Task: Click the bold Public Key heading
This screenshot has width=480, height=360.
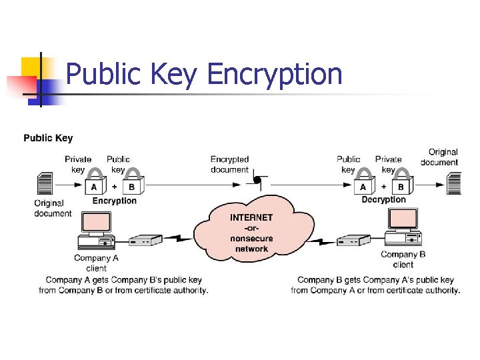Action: [48, 138]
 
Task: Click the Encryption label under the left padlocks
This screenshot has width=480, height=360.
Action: [114, 201]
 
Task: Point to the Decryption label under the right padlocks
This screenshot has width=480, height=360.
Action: [383, 199]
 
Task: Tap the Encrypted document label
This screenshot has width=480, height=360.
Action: [229, 164]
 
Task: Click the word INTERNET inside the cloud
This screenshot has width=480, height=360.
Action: [251, 217]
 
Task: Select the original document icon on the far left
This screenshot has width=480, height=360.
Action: [45, 183]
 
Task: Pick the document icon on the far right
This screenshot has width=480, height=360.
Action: [453, 183]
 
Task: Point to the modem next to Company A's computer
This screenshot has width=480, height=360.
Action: [145, 240]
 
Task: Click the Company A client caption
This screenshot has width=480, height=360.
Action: [96, 263]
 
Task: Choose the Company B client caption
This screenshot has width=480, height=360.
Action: [403, 259]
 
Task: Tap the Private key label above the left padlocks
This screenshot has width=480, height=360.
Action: [78, 164]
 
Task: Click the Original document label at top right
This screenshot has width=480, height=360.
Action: [439, 157]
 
